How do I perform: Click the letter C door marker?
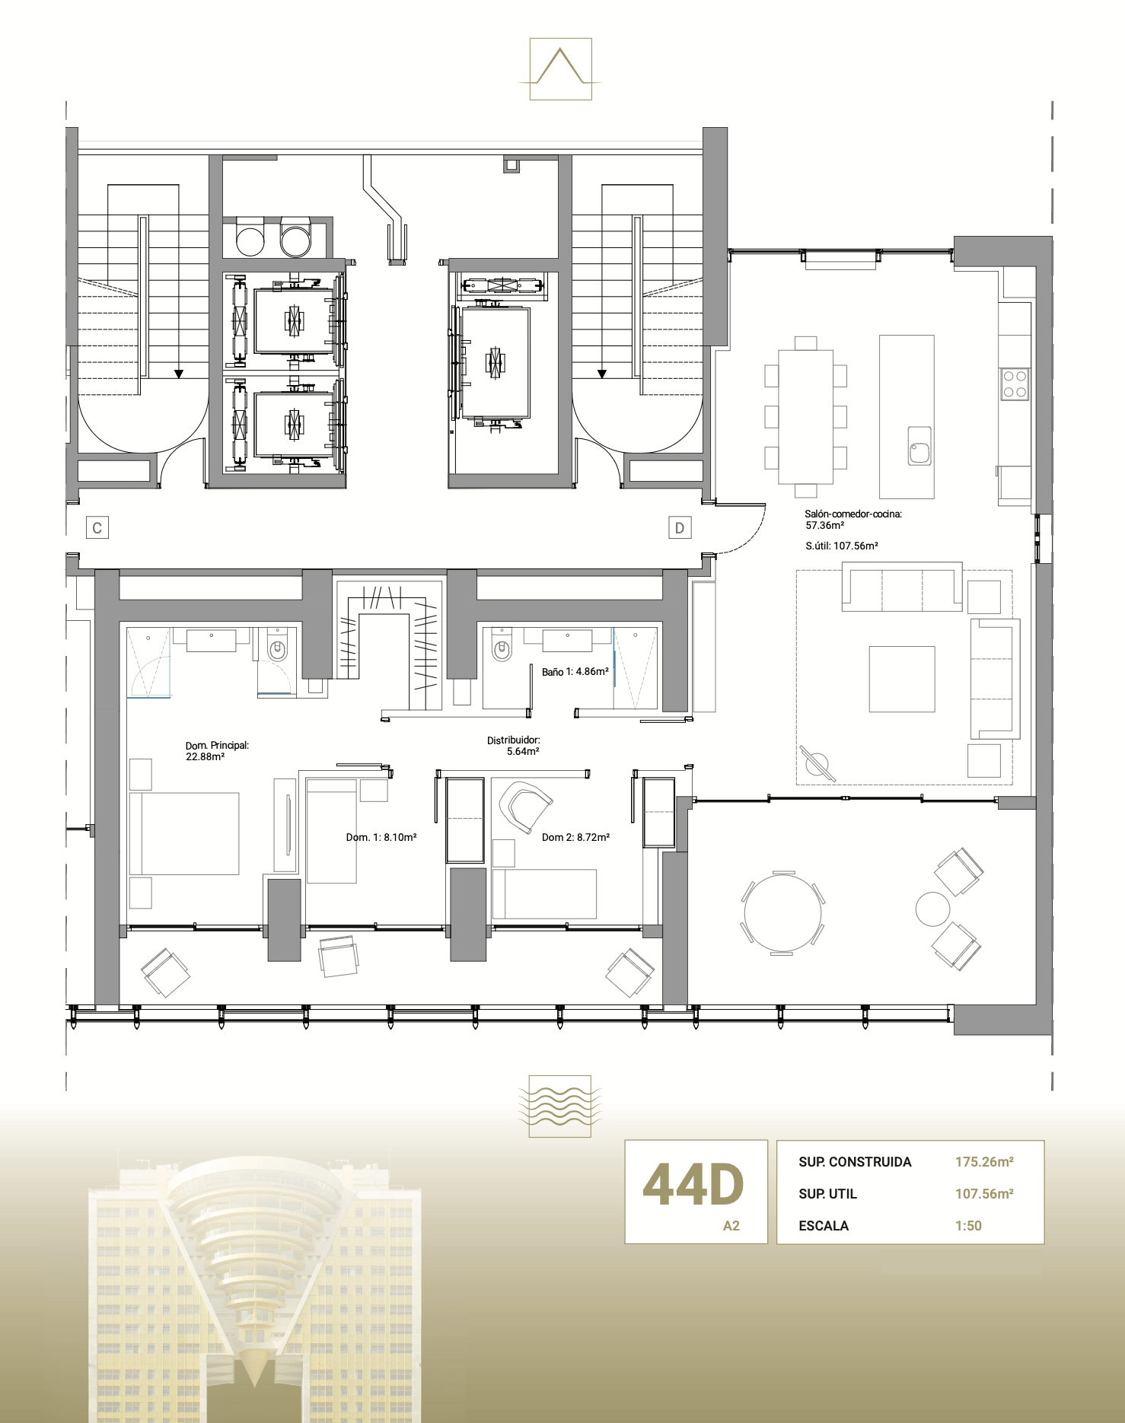click(97, 527)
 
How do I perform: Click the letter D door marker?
click(680, 527)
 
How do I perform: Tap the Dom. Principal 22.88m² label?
click(216, 751)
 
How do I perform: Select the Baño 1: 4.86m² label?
click(575, 672)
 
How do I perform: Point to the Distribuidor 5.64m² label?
click(515, 746)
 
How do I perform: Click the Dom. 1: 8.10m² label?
click(381, 837)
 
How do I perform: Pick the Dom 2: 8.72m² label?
click(575, 837)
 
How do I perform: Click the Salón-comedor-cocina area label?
click(853, 520)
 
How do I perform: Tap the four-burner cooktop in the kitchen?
click(1014, 384)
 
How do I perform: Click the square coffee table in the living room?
click(902, 679)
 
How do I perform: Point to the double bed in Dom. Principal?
click(184, 833)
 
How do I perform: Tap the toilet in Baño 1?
click(502, 648)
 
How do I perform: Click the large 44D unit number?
click(693, 1186)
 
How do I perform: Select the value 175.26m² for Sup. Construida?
click(984, 1162)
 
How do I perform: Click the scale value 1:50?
click(968, 1226)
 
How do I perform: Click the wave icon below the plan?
click(560, 1106)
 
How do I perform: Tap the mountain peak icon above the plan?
click(560, 68)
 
